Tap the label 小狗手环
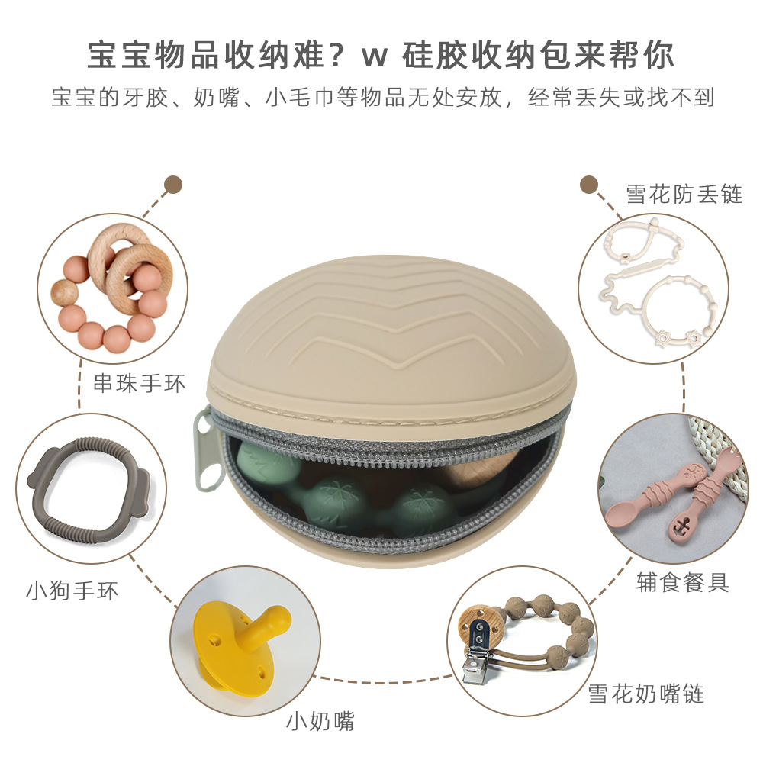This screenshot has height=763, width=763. pos(72,590)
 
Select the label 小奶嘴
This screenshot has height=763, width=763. pos(320,720)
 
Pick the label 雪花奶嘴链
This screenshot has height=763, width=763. pos(645,694)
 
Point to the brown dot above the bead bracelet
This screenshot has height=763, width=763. pos(174,185)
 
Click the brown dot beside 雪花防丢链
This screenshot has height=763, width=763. pos(588,185)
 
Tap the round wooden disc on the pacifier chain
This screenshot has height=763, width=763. pos(478,624)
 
